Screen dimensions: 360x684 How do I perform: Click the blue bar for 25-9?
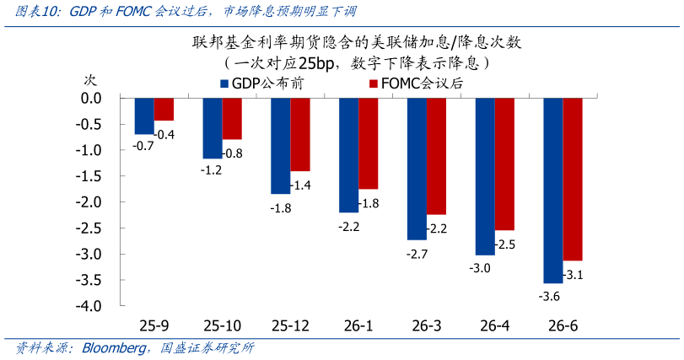click(144, 116)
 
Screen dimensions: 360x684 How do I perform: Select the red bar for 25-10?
click(232, 119)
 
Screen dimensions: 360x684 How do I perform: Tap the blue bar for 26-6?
click(552, 191)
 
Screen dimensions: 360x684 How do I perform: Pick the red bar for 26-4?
click(504, 164)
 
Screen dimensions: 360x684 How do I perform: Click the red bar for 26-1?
click(368, 143)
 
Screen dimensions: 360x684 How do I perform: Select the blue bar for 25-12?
click(280, 146)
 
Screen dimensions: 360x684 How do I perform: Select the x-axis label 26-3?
click(425, 325)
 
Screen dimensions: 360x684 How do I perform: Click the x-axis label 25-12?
click(289, 325)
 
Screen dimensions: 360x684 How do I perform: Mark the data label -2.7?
click(417, 253)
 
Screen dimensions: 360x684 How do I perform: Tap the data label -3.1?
click(574, 274)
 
